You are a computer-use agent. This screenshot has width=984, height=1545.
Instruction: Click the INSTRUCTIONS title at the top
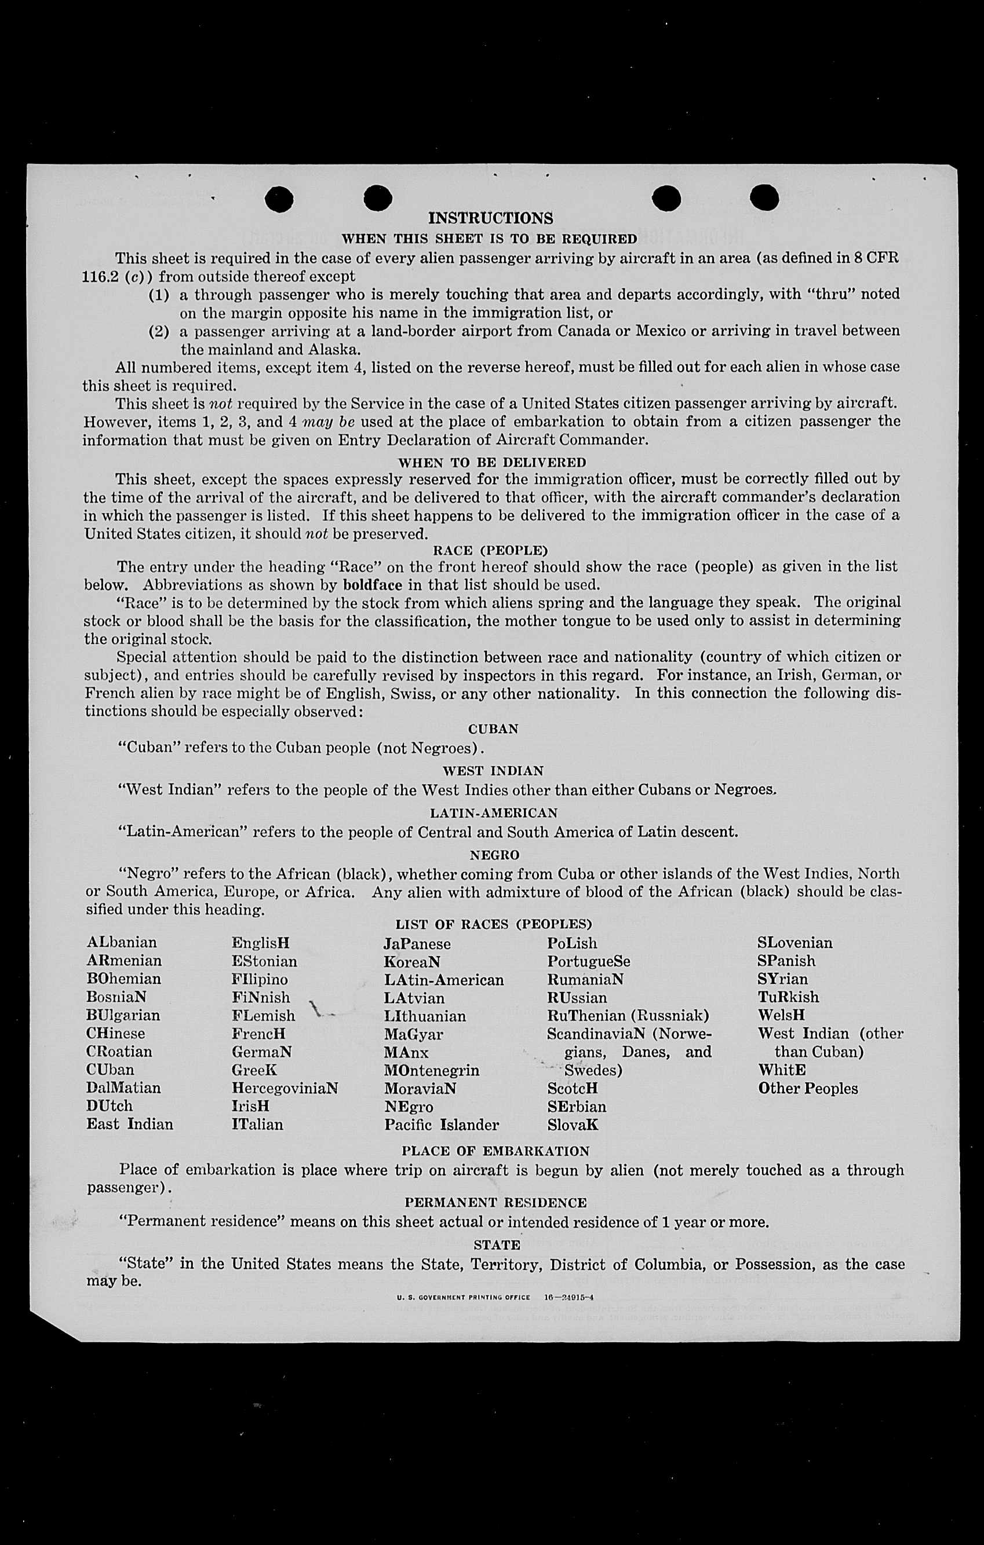point(490,218)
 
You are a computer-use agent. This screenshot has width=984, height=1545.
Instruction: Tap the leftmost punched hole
point(279,198)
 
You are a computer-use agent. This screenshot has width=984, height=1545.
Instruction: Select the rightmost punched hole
point(764,197)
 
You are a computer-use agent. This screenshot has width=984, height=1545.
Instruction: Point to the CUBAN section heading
point(493,729)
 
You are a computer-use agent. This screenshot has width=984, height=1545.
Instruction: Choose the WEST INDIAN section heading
point(493,771)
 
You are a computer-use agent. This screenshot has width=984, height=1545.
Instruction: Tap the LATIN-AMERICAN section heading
point(493,813)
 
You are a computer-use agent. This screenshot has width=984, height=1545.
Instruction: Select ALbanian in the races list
point(122,943)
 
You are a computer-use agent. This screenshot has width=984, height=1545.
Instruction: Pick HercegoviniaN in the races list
point(285,1088)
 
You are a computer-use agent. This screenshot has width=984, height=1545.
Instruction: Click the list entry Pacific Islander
point(441,1125)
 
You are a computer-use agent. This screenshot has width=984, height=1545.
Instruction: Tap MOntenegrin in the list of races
point(431,1070)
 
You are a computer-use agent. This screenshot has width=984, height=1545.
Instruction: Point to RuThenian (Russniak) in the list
point(628,1016)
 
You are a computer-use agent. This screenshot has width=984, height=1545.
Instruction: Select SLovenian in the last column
point(795,943)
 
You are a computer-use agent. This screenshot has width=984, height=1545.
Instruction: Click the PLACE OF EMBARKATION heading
point(495,1151)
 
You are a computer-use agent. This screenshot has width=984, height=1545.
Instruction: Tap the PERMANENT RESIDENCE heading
point(495,1202)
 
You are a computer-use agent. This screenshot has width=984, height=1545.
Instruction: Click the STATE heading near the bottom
point(496,1244)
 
